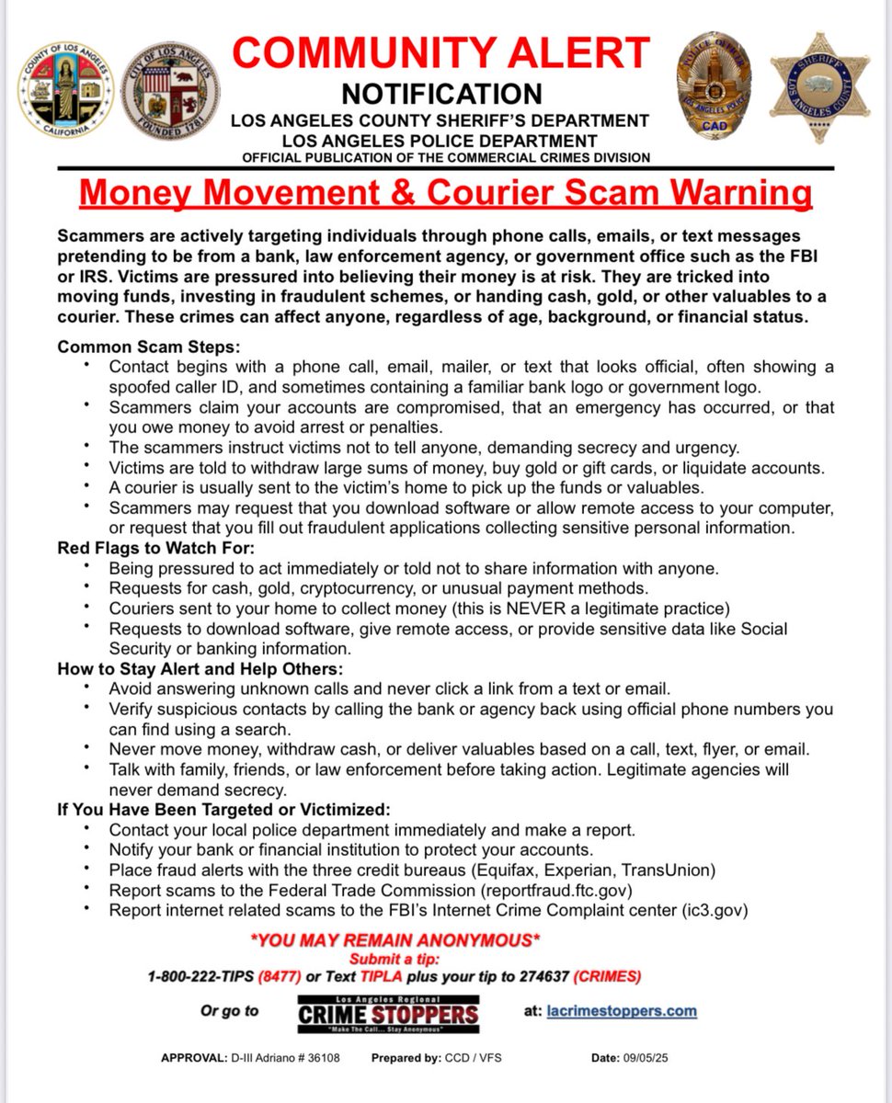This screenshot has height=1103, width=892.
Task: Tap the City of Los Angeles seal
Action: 170,90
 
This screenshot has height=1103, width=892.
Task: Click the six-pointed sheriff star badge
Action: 818,86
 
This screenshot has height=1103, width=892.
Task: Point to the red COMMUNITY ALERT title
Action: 441,52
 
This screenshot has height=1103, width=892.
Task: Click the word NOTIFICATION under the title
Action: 441,94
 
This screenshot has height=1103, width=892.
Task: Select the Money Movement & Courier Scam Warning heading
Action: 446,194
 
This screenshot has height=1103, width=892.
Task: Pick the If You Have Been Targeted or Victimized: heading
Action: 223,810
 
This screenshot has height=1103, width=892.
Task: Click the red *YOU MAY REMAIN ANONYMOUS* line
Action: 395,940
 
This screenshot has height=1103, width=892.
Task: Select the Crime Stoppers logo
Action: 388,1013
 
